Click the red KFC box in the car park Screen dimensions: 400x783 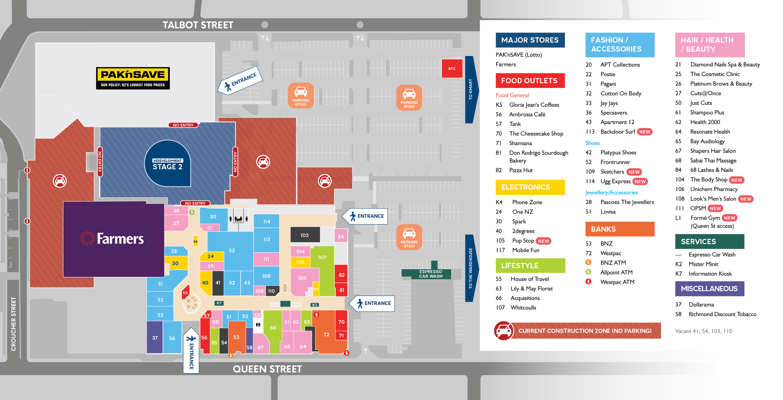coord(452,68)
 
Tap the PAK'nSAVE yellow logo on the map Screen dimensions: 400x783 coord(133,78)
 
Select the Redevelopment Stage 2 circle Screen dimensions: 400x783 coord(168,164)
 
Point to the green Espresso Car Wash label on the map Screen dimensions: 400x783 coord(430,274)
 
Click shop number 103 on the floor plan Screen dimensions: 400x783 coord(305,235)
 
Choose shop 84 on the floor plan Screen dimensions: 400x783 coord(341,236)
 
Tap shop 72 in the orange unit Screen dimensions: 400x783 coord(326,335)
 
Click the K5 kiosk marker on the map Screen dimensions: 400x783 coord(185,293)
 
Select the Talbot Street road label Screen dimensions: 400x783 coord(198,25)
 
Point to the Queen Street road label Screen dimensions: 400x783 coord(267,369)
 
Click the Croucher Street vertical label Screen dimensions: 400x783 coord(13,324)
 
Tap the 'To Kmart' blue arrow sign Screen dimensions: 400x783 coord(471,90)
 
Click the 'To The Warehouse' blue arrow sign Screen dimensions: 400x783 coord(471,268)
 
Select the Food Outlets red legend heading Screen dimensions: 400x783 coord(530,81)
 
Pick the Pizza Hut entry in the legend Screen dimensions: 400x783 coord(521,170)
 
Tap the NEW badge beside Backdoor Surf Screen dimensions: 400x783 coord(645,132)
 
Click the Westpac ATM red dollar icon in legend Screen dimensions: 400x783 coord(589,282)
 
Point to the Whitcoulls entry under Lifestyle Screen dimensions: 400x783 coord(523,308)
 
